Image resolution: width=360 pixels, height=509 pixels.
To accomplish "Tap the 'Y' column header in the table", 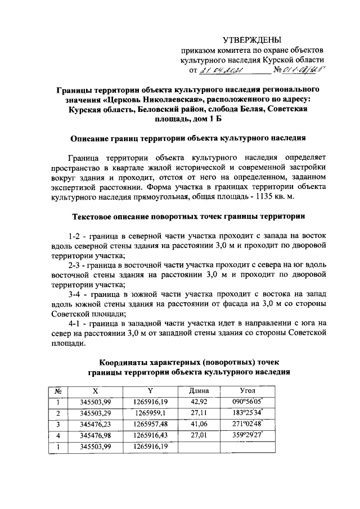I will tap(150, 390).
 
